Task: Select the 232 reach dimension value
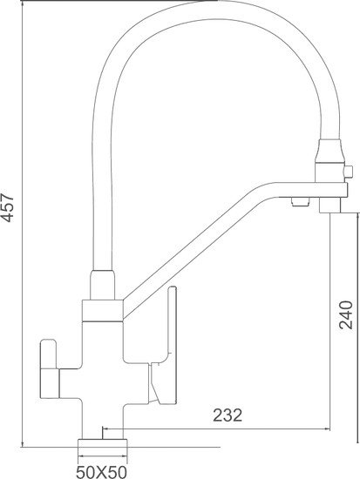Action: pos(228,415)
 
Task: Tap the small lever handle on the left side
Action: pos(49,366)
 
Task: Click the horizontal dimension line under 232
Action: pos(218,429)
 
